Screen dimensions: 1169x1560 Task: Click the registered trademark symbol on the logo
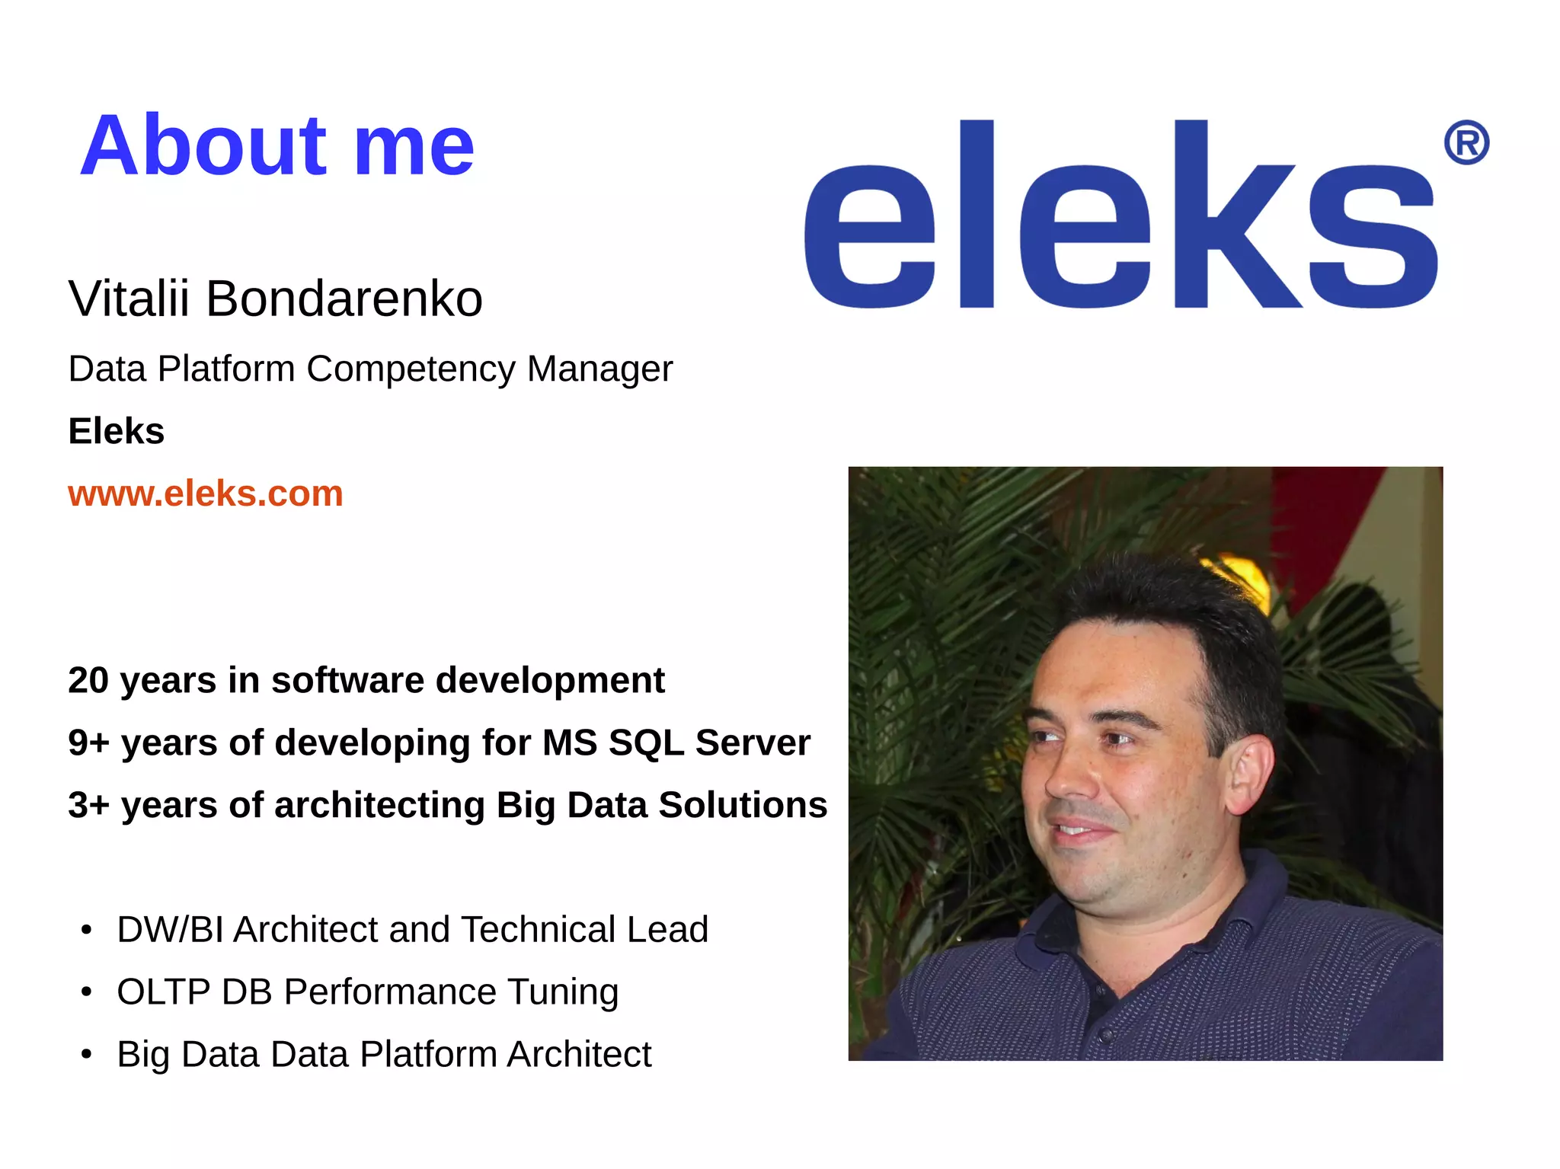pyautogui.click(x=1466, y=142)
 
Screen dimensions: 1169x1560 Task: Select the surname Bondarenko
pyautogui.click(x=344, y=299)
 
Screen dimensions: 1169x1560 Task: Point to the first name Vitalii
pyautogui.click(x=129, y=299)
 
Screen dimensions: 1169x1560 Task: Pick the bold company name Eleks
pyautogui.click(x=116, y=431)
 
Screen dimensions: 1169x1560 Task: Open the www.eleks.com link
pyautogui.click(x=205, y=493)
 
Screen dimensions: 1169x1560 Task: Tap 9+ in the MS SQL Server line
pyautogui.click(x=88, y=743)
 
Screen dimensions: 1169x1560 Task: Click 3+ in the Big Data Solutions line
pyautogui.click(x=88, y=805)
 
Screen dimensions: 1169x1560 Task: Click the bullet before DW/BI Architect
pyautogui.click(x=87, y=930)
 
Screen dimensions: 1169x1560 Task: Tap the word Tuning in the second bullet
pyautogui.click(x=563, y=992)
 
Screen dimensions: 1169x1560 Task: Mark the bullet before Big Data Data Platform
pyautogui.click(x=87, y=1055)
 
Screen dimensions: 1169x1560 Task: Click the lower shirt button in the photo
pyautogui.click(x=1105, y=1035)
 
